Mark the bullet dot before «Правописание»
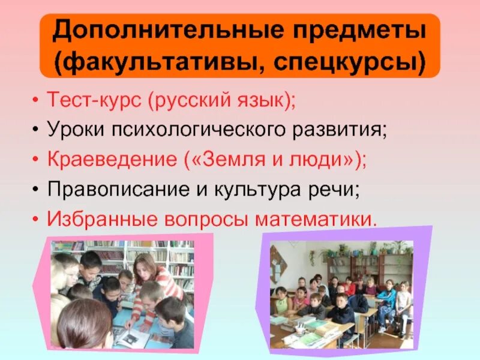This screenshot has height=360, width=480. tap(37, 190)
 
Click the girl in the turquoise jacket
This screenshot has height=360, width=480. tap(387, 300)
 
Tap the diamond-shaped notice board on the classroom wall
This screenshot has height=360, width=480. tap(275, 264)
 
